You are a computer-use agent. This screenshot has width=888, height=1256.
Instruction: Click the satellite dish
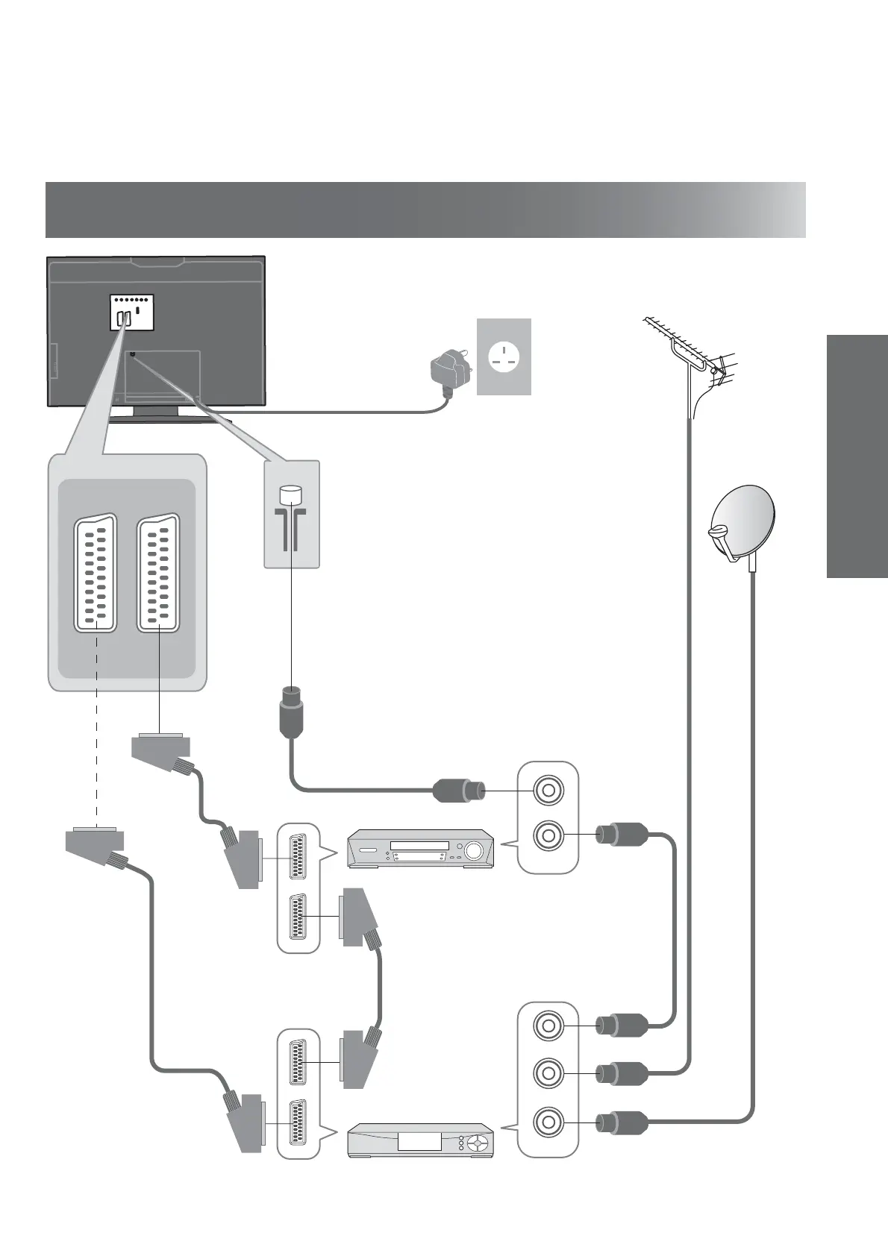pyautogui.click(x=742, y=523)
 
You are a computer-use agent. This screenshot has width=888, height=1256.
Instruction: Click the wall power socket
pyautogui.click(x=504, y=357)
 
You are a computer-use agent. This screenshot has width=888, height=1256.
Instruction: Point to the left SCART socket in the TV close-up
pyautogui.click(x=96, y=572)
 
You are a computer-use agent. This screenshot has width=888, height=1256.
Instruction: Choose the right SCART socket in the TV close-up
pyautogui.click(x=158, y=572)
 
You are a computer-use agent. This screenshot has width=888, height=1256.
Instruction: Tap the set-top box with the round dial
pyautogui.click(x=421, y=1140)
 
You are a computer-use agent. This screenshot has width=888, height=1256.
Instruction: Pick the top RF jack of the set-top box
pyautogui.click(x=548, y=1026)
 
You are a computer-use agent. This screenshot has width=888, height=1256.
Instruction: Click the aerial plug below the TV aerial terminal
pyautogui.click(x=290, y=712)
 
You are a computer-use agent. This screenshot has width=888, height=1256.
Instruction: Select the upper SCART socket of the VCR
pyautogui.click(x=298, y=858)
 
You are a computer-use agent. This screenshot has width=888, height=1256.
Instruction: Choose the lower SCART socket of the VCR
pyautogui.click(x=298, y=917)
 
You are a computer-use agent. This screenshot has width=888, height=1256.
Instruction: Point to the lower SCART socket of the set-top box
pyautogui.click(x=298, y=1123)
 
